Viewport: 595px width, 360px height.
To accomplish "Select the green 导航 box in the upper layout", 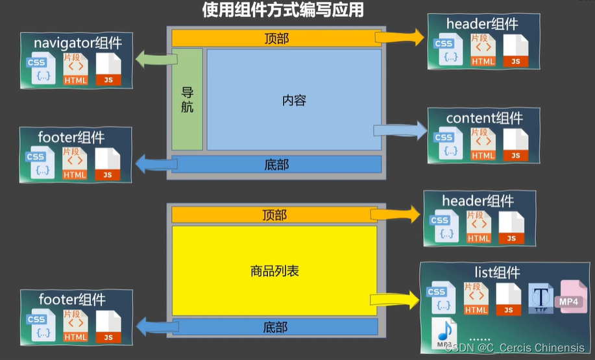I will [x=187, y=99].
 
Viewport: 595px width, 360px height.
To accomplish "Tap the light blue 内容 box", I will [x=293, y=100].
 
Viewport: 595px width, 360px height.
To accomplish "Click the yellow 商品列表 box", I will [x=274, y=270].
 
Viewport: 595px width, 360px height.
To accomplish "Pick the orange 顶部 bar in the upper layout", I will [x=276, y=38].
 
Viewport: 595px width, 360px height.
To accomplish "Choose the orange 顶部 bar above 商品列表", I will [x=274, y=215].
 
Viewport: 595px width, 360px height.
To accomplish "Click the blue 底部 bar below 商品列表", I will [x=275, y=326].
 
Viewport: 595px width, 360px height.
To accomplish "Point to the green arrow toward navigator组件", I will [x=152, y=60].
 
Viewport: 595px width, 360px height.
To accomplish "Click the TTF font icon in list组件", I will [x=540, y=298].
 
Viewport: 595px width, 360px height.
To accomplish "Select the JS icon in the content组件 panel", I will [x=516, y=145].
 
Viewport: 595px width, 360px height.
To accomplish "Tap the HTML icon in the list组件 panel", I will [x=476, y=298].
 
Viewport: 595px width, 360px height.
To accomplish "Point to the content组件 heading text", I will [x=484, y=118].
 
